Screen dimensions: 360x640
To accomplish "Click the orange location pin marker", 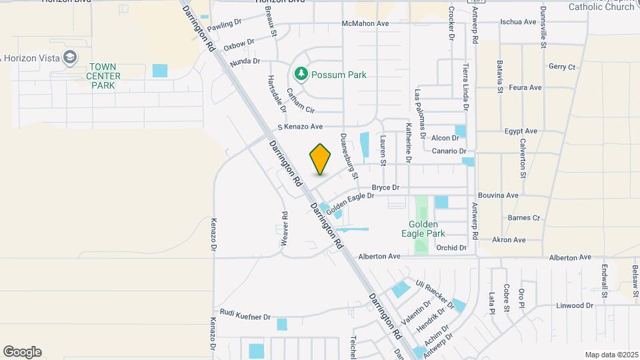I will (x=321, y=159).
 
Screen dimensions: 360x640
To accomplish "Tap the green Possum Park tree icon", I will (x=301, y=75).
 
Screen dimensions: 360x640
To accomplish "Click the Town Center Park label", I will (x=106, y=76).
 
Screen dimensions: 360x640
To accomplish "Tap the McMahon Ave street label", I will (x=365, y=23).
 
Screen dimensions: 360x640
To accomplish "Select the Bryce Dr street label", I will (x=385, y=188).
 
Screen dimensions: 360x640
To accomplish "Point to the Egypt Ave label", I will (x=521, y=131).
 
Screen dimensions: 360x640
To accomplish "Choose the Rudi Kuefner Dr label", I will (x=245, y=314).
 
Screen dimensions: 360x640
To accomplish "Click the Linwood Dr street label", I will (x=574, y=305).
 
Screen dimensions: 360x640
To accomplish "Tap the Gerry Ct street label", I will (x=562, y=67).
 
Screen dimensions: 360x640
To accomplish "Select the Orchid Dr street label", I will (x=451, y=247).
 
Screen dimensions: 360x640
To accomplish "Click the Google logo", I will (x=22, y=351).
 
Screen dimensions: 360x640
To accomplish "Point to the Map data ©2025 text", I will (x=611, y=355).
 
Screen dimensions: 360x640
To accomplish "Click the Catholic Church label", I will (x=601, y=7).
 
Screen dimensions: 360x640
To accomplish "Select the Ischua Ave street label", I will (x=518, y=22).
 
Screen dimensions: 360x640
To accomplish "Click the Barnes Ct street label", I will (x=523, y=217).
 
